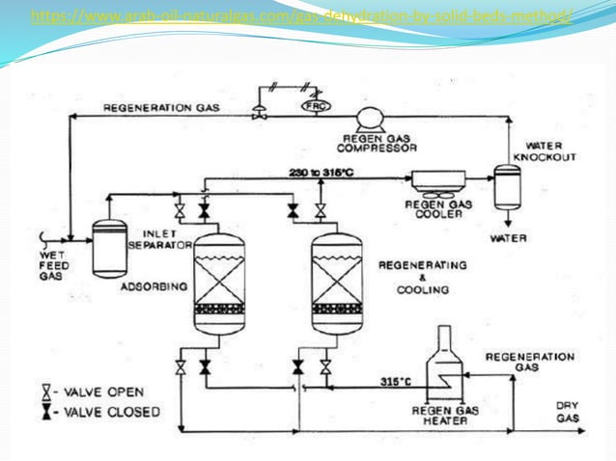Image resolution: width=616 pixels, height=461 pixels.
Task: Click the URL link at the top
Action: (x=302, y=16)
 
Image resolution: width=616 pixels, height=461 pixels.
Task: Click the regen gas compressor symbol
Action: (x=367, y=120)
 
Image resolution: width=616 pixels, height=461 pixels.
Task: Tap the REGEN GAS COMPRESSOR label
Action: (x=379, y=144)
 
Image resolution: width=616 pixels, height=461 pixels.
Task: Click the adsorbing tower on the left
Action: (x=218, y=284)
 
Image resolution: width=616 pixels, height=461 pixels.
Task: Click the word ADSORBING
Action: (x=152, y=286)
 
